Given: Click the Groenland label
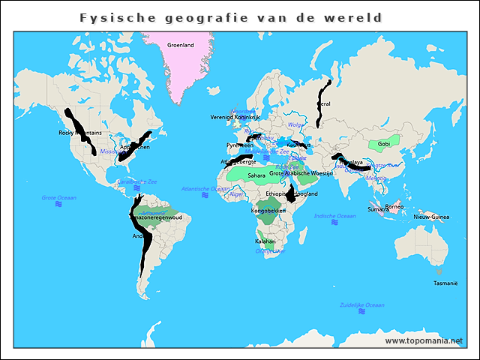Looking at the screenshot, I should [x=180, y=45].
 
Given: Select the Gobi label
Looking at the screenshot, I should [x=383, y=143].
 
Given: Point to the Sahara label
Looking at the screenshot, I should [x=256, y=175].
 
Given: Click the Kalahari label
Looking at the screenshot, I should [x=265, y=241].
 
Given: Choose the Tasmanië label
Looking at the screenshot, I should [x=445, y=283].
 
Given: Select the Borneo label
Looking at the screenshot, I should [x=394, y=206].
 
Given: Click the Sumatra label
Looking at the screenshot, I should [x=378, y=210].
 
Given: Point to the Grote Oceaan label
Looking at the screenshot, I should [x=58, y=197].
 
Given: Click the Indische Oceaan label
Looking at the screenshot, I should [x=334, y=216].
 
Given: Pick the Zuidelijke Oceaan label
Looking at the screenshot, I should [x=361, y=305].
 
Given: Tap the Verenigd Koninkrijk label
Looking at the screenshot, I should [x=235, y=118].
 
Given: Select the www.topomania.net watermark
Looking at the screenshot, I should [x=424, y=340].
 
